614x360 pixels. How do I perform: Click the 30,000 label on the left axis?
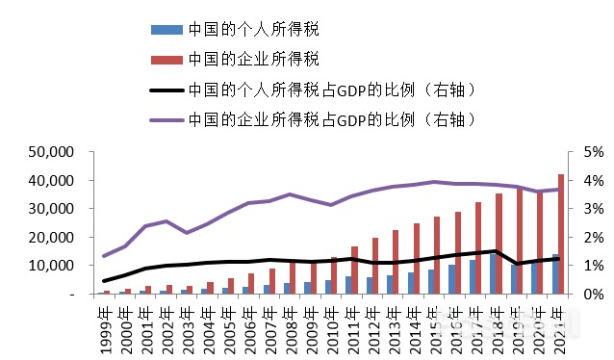coord(49,209)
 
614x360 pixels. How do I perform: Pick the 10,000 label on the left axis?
coord(49,266)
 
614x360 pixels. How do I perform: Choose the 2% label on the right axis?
coord(590,237)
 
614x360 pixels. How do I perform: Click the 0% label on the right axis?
coord(590,294)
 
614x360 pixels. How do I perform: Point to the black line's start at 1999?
coord(105,281)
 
